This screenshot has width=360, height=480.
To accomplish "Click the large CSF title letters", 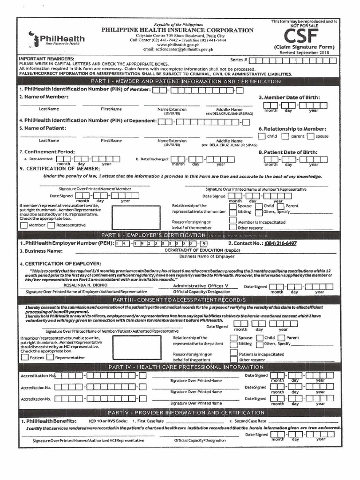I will click(x=300, y=36).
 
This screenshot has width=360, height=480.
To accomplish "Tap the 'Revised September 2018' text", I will click(x=304, y=52).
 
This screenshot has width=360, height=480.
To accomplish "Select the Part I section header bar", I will click(x=180, y=82).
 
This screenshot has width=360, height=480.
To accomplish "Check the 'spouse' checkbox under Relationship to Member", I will click(x=310, y=136).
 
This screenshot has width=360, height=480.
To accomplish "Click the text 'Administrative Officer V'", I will click(x=201, y=285).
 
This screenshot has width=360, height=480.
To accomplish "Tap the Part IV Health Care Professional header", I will click(x=180, y=367).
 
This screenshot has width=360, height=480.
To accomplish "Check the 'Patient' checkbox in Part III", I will click(x=24, y=358).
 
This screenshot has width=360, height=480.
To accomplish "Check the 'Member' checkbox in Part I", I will click(x=24, y=225).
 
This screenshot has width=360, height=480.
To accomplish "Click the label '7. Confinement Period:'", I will click(x=40, y=151).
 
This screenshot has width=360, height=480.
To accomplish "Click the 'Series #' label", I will click(x=239, y=60).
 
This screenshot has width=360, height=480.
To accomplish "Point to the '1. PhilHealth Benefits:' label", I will click(x=48, y=421).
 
